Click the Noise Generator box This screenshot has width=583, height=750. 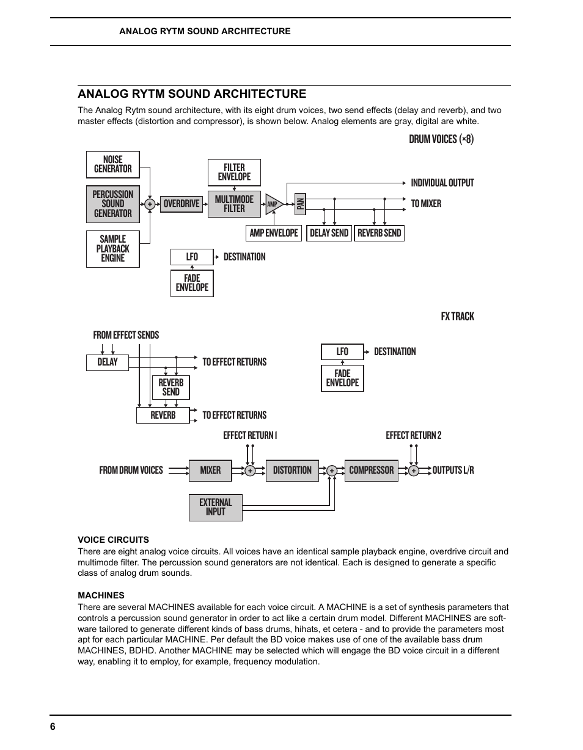click(113, 164)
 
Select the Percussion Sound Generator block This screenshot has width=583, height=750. click(113, 204)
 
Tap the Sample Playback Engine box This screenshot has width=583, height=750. click(113, 249)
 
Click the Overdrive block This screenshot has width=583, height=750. click(182, 204)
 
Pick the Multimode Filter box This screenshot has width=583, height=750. click(234, 204)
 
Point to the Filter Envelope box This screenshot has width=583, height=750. click(234, 172)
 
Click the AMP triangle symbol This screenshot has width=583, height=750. click(273, 204)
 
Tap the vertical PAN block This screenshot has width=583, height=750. click(300, 203)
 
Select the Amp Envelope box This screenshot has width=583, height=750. click(274, 233)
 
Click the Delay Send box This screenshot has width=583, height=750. click(329, 233)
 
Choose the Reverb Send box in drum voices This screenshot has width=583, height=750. click(379, 233)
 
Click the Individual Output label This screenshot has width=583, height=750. click(442, 183)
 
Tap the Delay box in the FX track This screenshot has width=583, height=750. click(108, 362)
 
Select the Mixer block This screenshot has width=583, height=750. click(210, 470)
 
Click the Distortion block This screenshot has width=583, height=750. click(292, 470)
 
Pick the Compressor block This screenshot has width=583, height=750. click(371, 470)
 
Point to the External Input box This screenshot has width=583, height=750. click(216, 507)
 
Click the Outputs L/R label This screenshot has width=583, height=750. click(453, 470)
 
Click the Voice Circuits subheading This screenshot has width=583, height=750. click(113, 540)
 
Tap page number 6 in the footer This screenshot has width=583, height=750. click(53, 726)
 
